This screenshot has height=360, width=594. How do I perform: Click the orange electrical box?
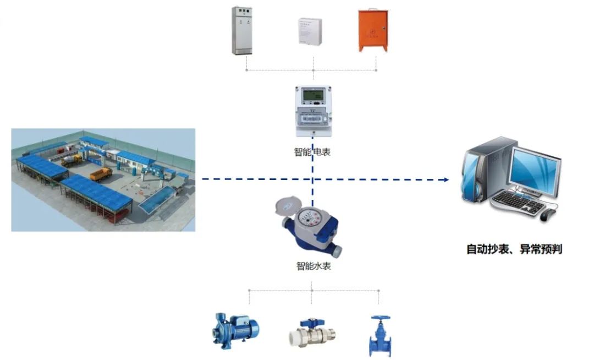tap(373, 30)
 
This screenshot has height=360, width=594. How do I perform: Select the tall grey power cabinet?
tap(242, 31)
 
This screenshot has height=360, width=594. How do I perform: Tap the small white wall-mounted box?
tap(310, 30)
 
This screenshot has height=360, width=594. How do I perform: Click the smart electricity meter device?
tap(313, 111)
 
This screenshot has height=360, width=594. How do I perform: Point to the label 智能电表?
tap(312, 152)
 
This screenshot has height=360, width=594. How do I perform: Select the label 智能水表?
tap(313, 266)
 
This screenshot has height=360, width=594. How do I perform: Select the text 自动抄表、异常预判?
tap(514, 249)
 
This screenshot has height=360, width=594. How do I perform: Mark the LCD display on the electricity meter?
tap(313, 96)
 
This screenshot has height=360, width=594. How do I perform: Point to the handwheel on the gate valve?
tap(381, 318)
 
